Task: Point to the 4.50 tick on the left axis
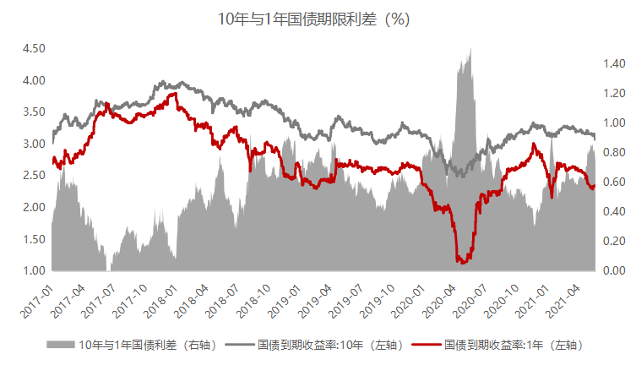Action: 34,49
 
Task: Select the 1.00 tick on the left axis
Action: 34,270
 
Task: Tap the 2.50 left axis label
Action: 34,176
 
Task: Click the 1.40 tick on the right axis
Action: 613,63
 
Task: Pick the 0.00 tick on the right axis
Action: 613,270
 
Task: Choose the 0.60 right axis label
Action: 613,182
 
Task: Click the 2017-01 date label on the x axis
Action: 39,301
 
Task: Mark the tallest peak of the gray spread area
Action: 470,49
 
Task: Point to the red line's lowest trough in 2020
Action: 461,262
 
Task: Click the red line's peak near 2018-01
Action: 174,93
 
